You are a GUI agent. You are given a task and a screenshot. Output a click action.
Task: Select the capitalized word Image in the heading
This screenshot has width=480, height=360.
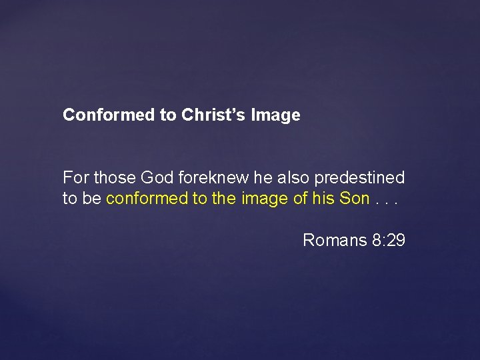pyautogui.click(x=275, y=115)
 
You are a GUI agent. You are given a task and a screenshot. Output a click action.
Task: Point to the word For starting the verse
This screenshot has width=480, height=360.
pyautogui.click(x=75, y=178)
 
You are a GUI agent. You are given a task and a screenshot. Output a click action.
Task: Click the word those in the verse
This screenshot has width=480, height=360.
pyautogui.click(x=113, y=178)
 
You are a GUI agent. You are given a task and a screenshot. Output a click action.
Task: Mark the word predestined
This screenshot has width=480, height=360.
pyautogui.click(x=359, y=178)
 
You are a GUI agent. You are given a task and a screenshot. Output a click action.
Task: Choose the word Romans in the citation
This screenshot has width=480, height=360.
pyautogui.click(x=333, y=240)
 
